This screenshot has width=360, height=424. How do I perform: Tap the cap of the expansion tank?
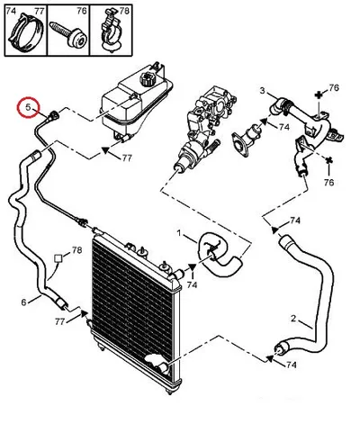(148, 78)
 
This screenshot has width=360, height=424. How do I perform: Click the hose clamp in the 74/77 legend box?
(26, 32)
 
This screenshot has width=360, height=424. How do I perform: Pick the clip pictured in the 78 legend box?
(110, 31)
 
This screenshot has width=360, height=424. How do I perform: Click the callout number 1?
(179, 233)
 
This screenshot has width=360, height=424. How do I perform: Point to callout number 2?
(293, 319)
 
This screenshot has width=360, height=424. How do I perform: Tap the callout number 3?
(263, 90)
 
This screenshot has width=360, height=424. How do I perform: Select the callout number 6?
(23, 302)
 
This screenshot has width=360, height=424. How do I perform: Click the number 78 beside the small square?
(76, 250)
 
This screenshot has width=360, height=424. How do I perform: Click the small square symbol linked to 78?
(58, 258)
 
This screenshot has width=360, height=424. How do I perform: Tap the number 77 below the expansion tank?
(127, 158)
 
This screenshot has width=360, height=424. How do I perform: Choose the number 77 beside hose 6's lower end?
(60, 321)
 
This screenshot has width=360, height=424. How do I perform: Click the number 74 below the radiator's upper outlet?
(192, 284)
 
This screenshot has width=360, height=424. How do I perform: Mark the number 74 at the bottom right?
(291, 365)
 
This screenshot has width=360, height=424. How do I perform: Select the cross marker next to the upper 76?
(319, 95)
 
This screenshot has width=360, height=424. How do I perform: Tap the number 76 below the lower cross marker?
(329, 182)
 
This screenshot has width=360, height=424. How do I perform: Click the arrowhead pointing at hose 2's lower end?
(270, 357)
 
